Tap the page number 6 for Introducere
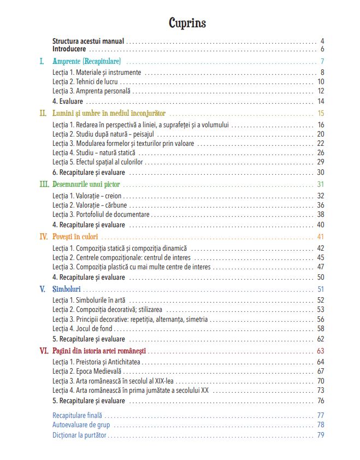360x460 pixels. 322,49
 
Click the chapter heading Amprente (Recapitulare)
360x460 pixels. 87,61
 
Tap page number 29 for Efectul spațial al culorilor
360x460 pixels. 321,162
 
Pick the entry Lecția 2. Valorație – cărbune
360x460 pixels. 90,205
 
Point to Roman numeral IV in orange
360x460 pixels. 43,237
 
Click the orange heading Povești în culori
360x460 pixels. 76,237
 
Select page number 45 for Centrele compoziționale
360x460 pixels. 321,257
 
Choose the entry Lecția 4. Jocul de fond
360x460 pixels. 82,329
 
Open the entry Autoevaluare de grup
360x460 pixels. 81,424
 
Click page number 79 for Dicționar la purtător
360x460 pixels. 321,435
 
